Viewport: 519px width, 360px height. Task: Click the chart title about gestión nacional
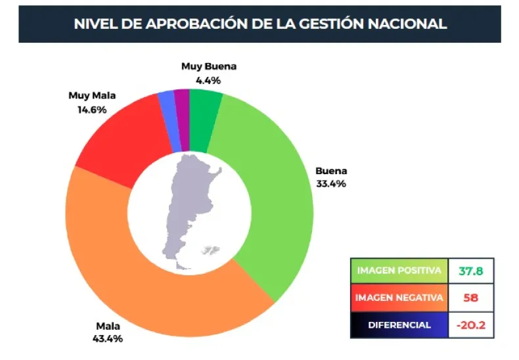(x=259, y=24)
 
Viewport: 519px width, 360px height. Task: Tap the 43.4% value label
(x=109, y=339)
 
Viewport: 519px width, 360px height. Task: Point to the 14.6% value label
(x=91, y=109)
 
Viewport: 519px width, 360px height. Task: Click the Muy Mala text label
(x=92, y=95)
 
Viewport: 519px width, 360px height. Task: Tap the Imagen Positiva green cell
(x=399, y=271)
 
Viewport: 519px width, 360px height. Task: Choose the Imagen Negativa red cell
(x=399, y=298)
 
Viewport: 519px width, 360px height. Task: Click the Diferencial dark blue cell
(x=399, y=325)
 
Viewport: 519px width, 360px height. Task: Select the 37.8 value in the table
(x=470, y=271)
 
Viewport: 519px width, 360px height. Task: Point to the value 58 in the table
(x=470, y=298)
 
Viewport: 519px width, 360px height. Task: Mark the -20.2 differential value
(x=470, y=325)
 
